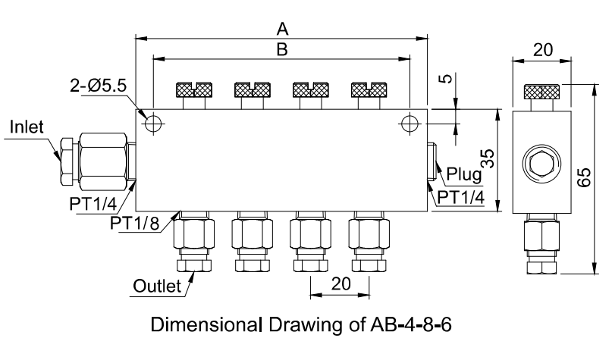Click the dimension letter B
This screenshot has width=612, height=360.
(281, 49)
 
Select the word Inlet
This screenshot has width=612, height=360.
(27, 128)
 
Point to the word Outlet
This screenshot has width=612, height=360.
(158, 286)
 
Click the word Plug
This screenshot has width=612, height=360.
(463, 174)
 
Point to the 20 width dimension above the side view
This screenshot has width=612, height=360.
(541, 50)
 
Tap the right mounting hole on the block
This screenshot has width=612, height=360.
(410, 123)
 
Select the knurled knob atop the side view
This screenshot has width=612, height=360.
(541, 92)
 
